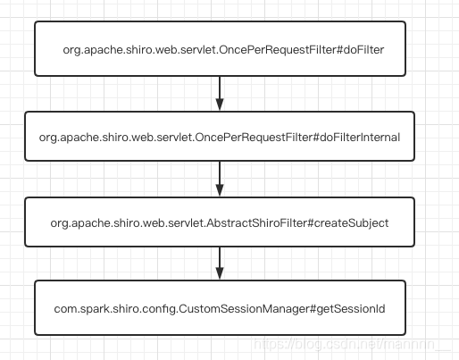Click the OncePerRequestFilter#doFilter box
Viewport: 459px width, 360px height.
point(220,49)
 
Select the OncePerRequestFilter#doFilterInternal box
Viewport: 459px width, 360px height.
point(220,137)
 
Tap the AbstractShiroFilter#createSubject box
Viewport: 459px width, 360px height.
point(220,222)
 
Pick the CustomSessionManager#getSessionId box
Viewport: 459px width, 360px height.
point(220,306)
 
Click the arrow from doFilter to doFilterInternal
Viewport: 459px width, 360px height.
point(220,92)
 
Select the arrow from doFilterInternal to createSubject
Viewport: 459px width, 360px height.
point(220,179)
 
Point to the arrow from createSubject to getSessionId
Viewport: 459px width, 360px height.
point(220,264)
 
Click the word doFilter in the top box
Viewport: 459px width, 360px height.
point(362,49)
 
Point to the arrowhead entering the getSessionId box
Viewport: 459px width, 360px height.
point(220,273)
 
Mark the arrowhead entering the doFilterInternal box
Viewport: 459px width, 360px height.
point(220,105)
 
